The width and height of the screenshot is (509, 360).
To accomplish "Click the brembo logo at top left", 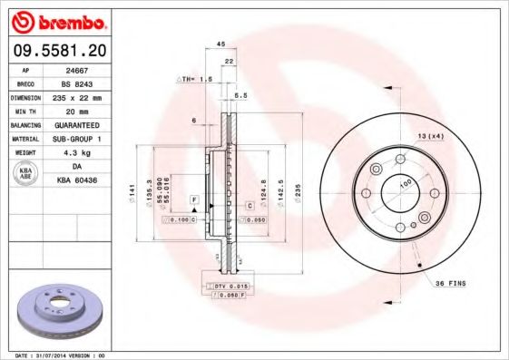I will tap(58, 20).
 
